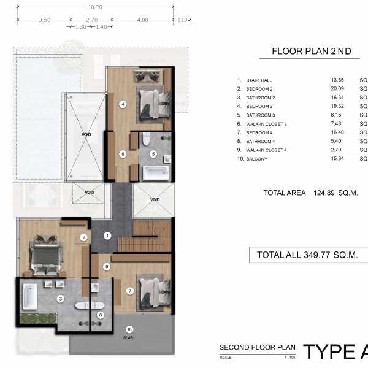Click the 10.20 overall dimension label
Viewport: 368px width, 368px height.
coord(95,7)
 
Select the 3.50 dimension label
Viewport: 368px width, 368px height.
coord(44,20)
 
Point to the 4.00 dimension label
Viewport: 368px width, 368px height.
coord(142,20)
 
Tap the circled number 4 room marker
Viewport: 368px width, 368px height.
coord(123,104)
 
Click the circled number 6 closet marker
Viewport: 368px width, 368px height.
coord(123,154)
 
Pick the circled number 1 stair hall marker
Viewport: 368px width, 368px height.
coord(107,236)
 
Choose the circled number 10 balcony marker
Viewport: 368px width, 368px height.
coord(129,329)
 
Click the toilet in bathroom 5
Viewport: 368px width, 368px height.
coord(146,139)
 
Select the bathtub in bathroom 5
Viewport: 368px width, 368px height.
coord(156,173)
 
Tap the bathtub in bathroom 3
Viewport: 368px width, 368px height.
coord(30,297)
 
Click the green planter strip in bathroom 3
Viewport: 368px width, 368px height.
coord(38,318)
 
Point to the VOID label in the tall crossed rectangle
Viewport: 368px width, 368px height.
coord(86,134)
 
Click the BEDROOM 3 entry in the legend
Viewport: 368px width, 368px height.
coord(259,107)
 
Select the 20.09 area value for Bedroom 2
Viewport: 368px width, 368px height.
coord(337,89)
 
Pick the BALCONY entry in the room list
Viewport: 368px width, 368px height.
coord(256,159)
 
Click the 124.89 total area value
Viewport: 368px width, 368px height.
coord(324,193)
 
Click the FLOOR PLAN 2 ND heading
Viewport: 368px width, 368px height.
coord(312,51)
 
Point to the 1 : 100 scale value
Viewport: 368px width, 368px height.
coord(289,358)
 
